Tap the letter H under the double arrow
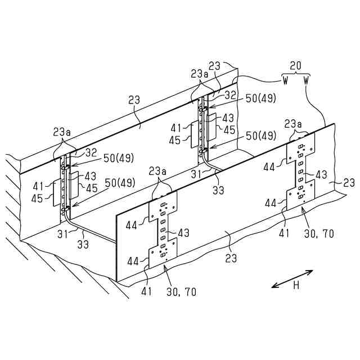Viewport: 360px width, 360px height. [x=295, y=286]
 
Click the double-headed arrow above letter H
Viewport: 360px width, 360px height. [x=292, y=279]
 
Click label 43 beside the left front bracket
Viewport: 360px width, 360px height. [x=184, y=232]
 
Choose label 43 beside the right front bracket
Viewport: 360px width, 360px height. [x=321, y=175]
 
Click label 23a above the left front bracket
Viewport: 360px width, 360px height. [x=160, y=170]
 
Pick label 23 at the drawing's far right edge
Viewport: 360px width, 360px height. [x=349, y=183]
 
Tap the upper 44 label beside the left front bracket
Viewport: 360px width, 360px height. [x=132, y=225]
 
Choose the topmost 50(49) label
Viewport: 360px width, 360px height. [x=261, y=98]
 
